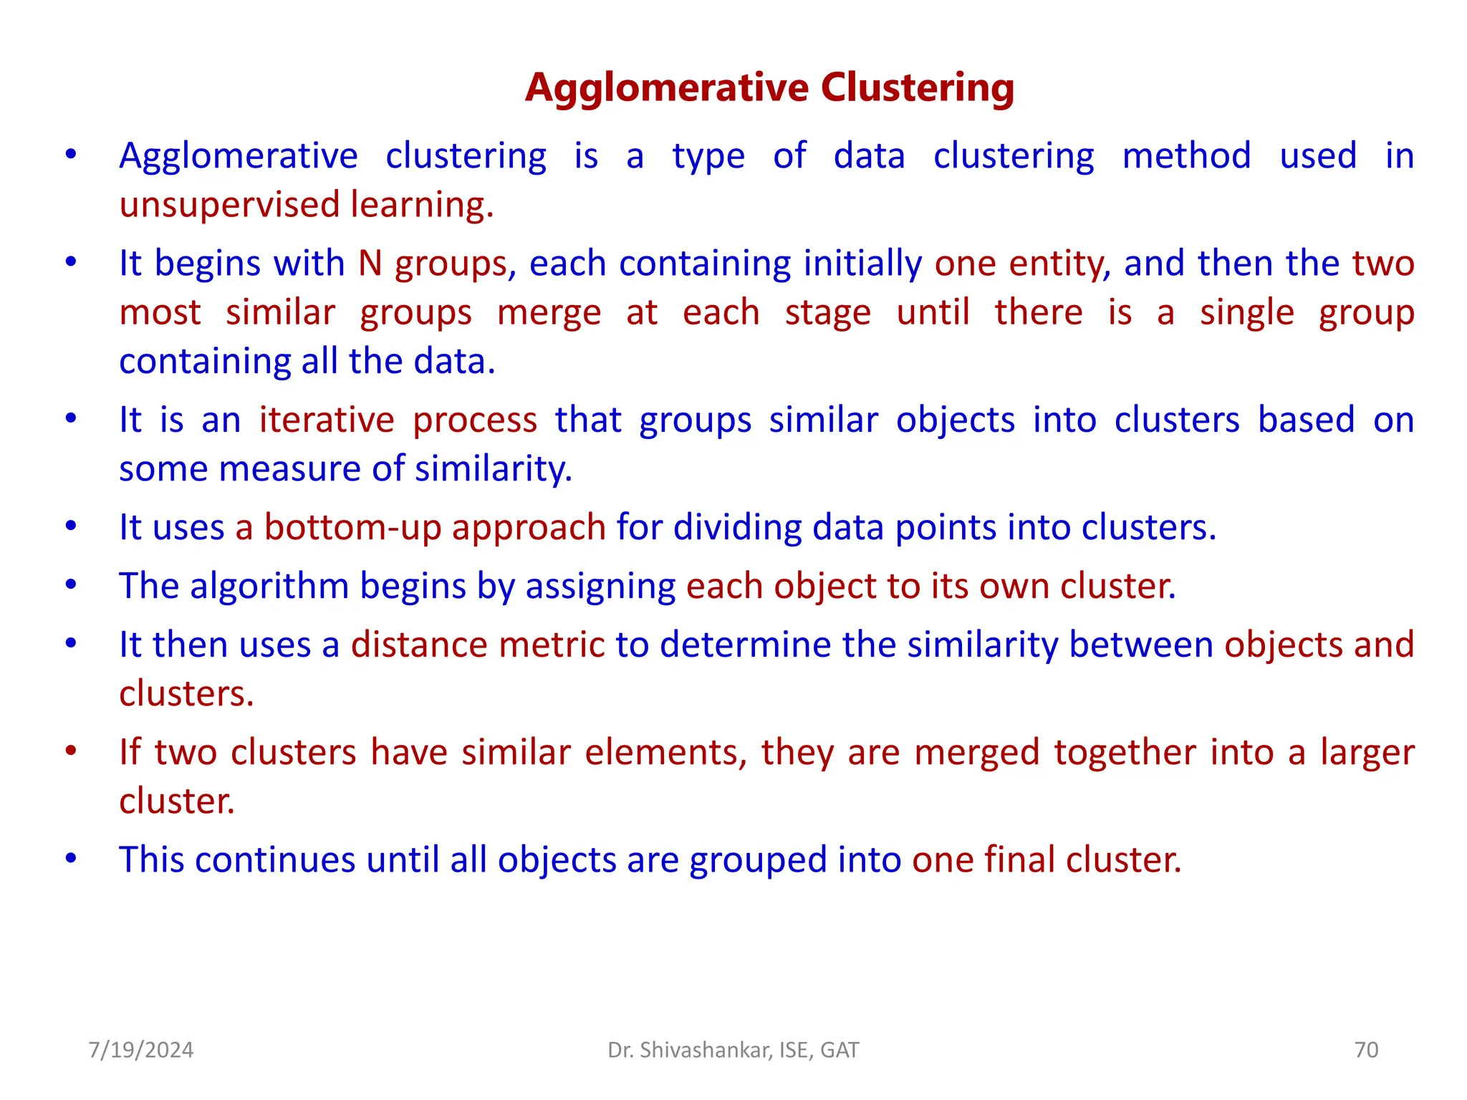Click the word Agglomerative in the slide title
point(667,88)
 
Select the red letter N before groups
point(370,263)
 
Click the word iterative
point(326,420)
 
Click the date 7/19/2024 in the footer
point(140,1050)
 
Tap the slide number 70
point(1366,1050)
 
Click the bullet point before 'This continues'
point(70,858)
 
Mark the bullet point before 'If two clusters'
point(70,751)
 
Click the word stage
point(827,313)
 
